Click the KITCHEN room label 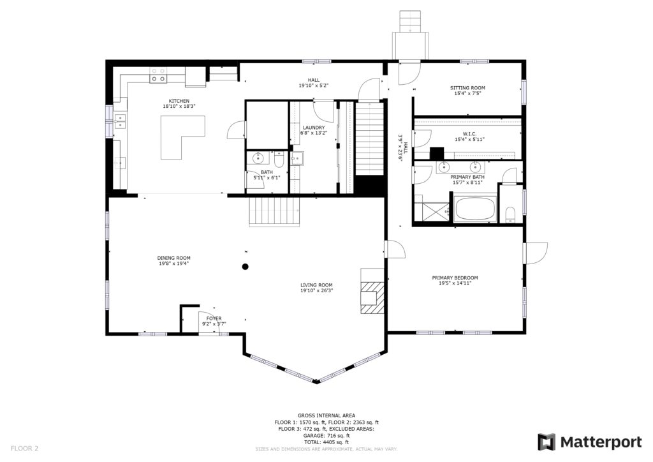click(x=179, y=101)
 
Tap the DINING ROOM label click(x=173, y=258)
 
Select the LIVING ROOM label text click(x=316, y=285)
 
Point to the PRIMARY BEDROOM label click(x=455, y=278)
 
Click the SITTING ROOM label click(x=467, y=88)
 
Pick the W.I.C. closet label click(x=469, y=134)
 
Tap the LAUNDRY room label click(x=314, y=128)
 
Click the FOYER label click(x=214, y=318)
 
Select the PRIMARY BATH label click(x=467, y=177)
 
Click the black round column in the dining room click(x=246, y=267)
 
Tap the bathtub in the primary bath click(x=475, y=209)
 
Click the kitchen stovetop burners click(x=158, y=75)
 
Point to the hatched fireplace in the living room click(x=372, y=297)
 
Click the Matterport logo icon click(x=546, y=442)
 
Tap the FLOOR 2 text click(x=25, y=449)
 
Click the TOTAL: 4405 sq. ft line click(x=326, y=442)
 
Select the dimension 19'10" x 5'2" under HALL click(x=314, y=86)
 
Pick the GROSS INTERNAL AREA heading click(x=326, y=415)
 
